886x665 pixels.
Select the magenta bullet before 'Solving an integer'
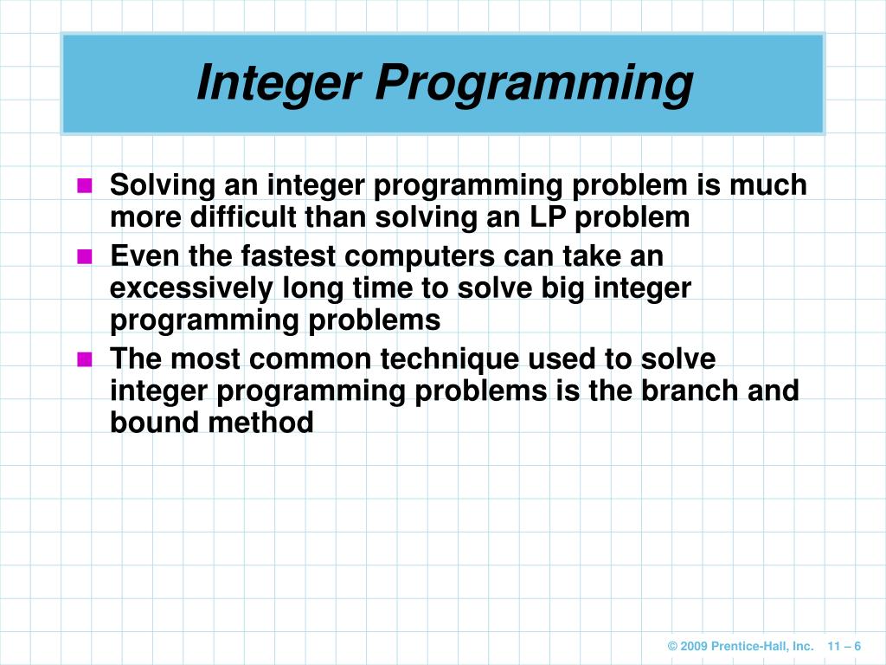[85, 185]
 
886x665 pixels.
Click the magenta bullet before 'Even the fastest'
[85, 256]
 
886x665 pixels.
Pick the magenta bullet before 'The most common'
[85, 359]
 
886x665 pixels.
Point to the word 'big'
[550, 288]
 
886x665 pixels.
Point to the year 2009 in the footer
[696, 647]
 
